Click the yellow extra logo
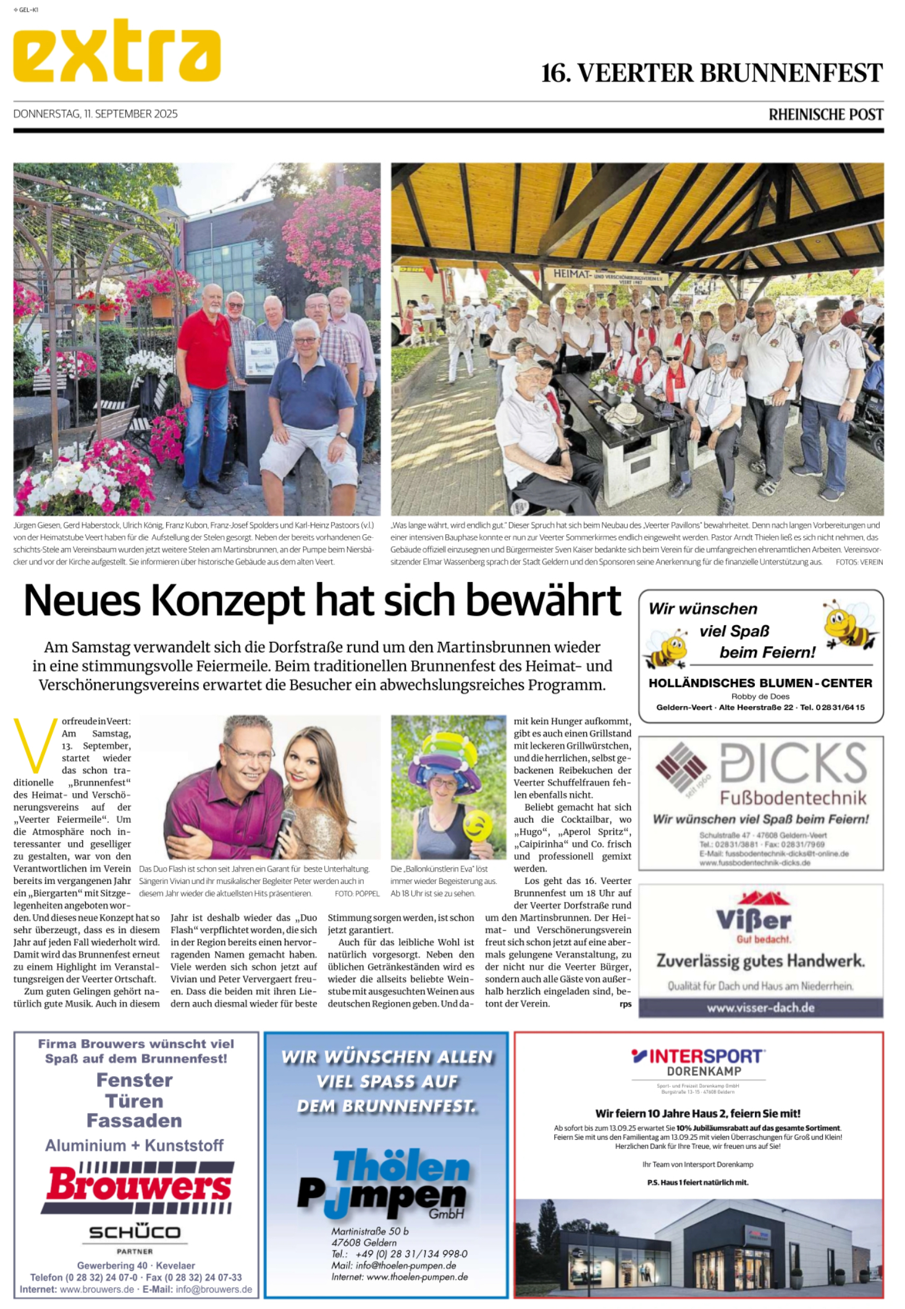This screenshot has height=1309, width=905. point(117,51)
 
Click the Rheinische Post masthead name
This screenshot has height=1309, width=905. point(825,114)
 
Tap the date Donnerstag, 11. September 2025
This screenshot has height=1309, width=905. point(95,114)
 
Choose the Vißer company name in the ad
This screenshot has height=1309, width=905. point(753,920)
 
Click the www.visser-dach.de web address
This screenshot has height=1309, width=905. point(760,1008)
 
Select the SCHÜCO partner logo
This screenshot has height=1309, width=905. point(135,1232)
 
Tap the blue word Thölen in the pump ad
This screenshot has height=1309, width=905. point(402,1167)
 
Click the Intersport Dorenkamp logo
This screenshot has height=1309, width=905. point(698,1062)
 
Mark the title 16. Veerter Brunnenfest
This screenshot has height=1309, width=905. point(712,73)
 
